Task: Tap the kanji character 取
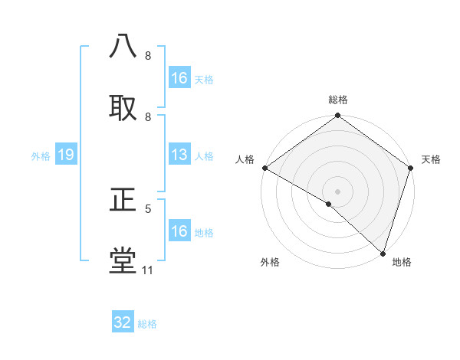click(x=123, y=107)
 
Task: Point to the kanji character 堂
click(x=123, y=260)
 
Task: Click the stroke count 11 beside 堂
click(x=147, y=270)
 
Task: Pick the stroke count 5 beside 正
click(x=148, y=208)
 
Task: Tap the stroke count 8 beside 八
click(x=148, y=56)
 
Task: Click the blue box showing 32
click(x=123, y=322)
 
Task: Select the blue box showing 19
click(x=66, y=155)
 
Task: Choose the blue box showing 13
click(x=179, y=155)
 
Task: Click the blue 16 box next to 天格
click(x=179, y=78)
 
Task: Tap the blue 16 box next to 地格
click(x=179, y=231)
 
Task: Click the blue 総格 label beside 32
click(x=147, y=324)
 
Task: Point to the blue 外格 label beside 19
click(x=41, y=156)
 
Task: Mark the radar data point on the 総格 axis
click(x=337, y=116)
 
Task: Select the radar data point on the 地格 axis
click(x=383, y=253)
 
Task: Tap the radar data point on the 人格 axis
click(x=264, y=168)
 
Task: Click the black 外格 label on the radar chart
click(x=270, y=262)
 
